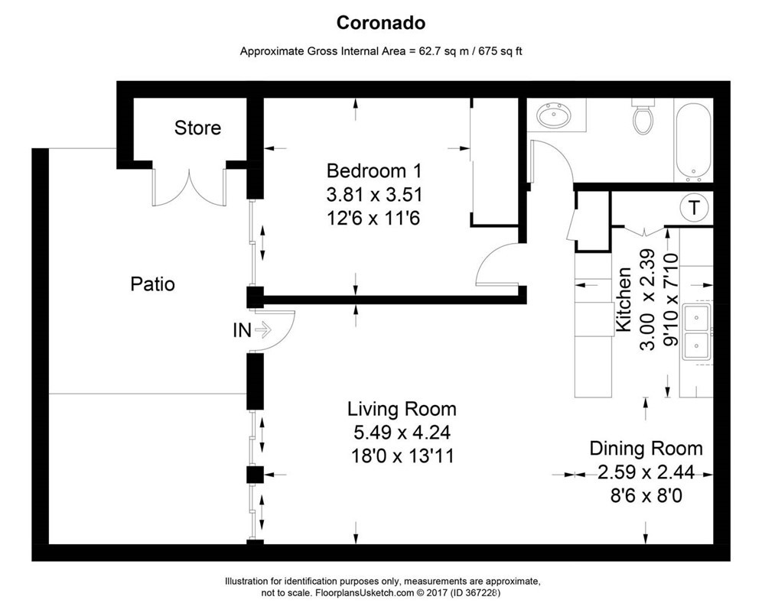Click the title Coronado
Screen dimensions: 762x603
tap(380, 23)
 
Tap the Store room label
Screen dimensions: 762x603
tap(198, 128)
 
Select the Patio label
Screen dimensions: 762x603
tap(152, 284)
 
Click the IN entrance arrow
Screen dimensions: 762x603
tap(263, 330)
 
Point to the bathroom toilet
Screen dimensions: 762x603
tap(643, 116)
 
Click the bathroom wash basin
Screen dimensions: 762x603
tap(553, 115)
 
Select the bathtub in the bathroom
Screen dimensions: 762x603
tap(693, 141)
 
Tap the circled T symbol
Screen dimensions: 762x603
tap(695, 208)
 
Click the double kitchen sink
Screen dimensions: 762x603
tap(698, 332)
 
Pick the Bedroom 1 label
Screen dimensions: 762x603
tap(374, 171)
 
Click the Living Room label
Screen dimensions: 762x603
tap(402, 409)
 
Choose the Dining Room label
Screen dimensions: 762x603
tap(646, 448)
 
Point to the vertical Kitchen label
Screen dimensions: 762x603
tap(624, 299)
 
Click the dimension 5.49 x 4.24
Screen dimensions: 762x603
tap(402, 432)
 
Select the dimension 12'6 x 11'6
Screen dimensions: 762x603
tap(373, 219)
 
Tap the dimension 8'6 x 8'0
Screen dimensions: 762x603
tap(646, 496)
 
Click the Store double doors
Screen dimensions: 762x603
tap(189, 187)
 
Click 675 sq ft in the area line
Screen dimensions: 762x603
tap(500, 51)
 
